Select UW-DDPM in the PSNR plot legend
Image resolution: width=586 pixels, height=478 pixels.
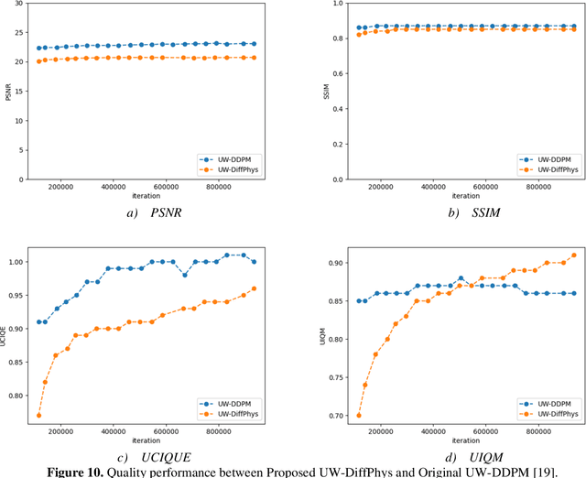[x=233, y=158]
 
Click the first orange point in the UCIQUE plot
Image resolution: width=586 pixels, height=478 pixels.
[x=38, y=415]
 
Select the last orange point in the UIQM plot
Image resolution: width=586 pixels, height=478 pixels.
[x=574, y=255]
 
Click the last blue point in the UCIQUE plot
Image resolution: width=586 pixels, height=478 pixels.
[x=279, y=262]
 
